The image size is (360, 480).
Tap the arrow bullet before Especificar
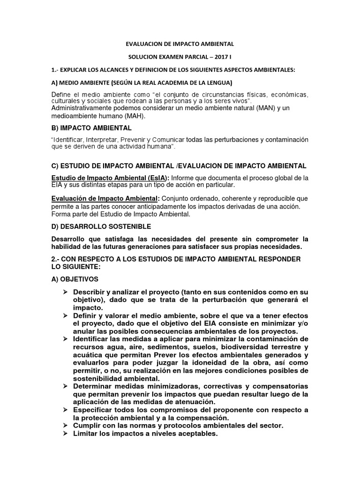pyautogui.click(x=66, y=409)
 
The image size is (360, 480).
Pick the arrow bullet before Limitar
pyautogui.click(x=66, y=433)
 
